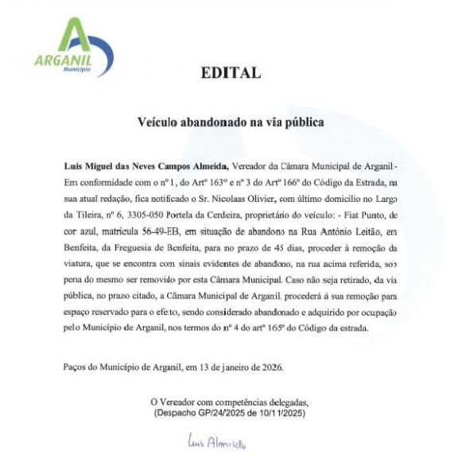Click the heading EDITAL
231,73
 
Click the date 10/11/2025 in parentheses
281,413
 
